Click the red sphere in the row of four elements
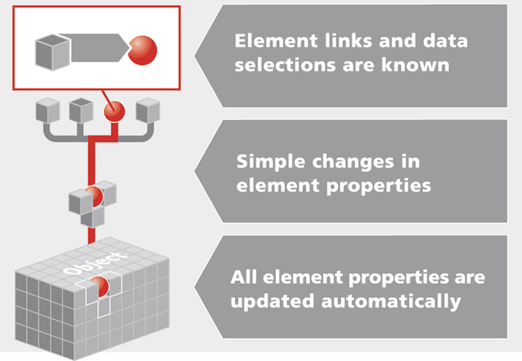coord(114,111)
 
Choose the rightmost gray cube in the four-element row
coord(147,110)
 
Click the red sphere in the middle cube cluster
coord(93,195)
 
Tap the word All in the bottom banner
coord(243,278)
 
